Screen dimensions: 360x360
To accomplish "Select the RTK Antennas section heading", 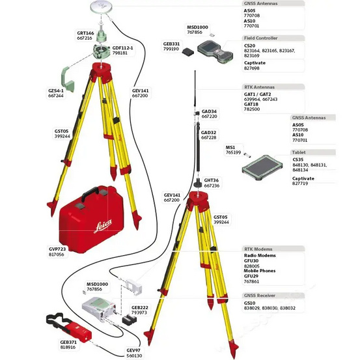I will [260, 87].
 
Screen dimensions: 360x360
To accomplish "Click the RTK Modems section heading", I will [258, 249].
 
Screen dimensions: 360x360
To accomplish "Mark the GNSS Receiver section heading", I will [260, 295].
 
